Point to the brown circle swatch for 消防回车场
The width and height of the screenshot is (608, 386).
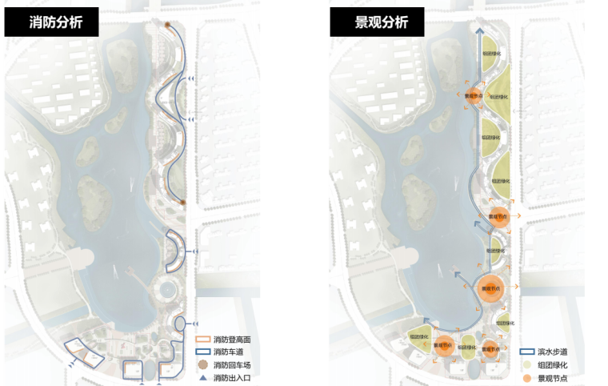coord(202,365)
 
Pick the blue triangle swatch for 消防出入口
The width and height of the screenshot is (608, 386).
coord(202,376)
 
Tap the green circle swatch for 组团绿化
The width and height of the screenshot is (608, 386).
coord(527,365)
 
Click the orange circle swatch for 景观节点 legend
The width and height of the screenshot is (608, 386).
coord(527,377)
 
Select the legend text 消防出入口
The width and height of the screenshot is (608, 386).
coord(233,377)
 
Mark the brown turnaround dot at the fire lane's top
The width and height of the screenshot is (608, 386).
coord(168,26)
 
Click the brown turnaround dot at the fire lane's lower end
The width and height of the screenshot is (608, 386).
coord(183,203)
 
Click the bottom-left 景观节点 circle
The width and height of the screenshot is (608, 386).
coord(442,347)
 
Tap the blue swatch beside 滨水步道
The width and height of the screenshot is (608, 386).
coord(527,352)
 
